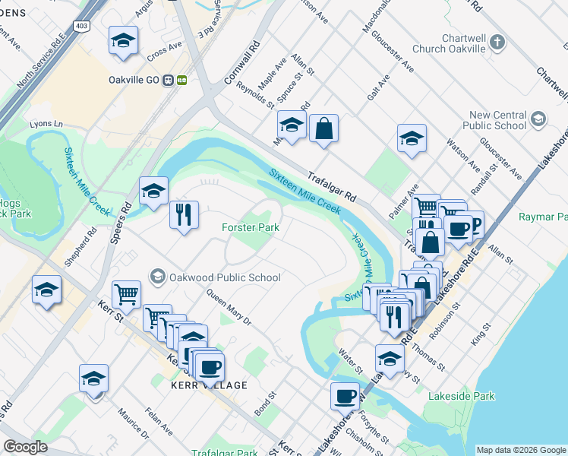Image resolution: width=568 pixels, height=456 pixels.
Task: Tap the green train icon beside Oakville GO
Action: pyautogui.click(x=182, y=79)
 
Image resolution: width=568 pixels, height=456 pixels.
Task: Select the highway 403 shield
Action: pyautogui.click(x=82, y=27)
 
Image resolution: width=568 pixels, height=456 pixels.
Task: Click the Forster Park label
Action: pyautogui.click(x=251, y=227)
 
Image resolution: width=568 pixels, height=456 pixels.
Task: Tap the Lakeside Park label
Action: pyautogui.click(x=461, y=396)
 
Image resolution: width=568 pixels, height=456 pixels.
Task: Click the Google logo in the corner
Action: pyautogui.click(x=25, y=447)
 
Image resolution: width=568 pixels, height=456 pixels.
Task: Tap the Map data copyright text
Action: pyautogui.click(x=521, y=450)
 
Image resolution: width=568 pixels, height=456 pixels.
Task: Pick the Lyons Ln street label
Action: pyautogui.click(x=47, y=123)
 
